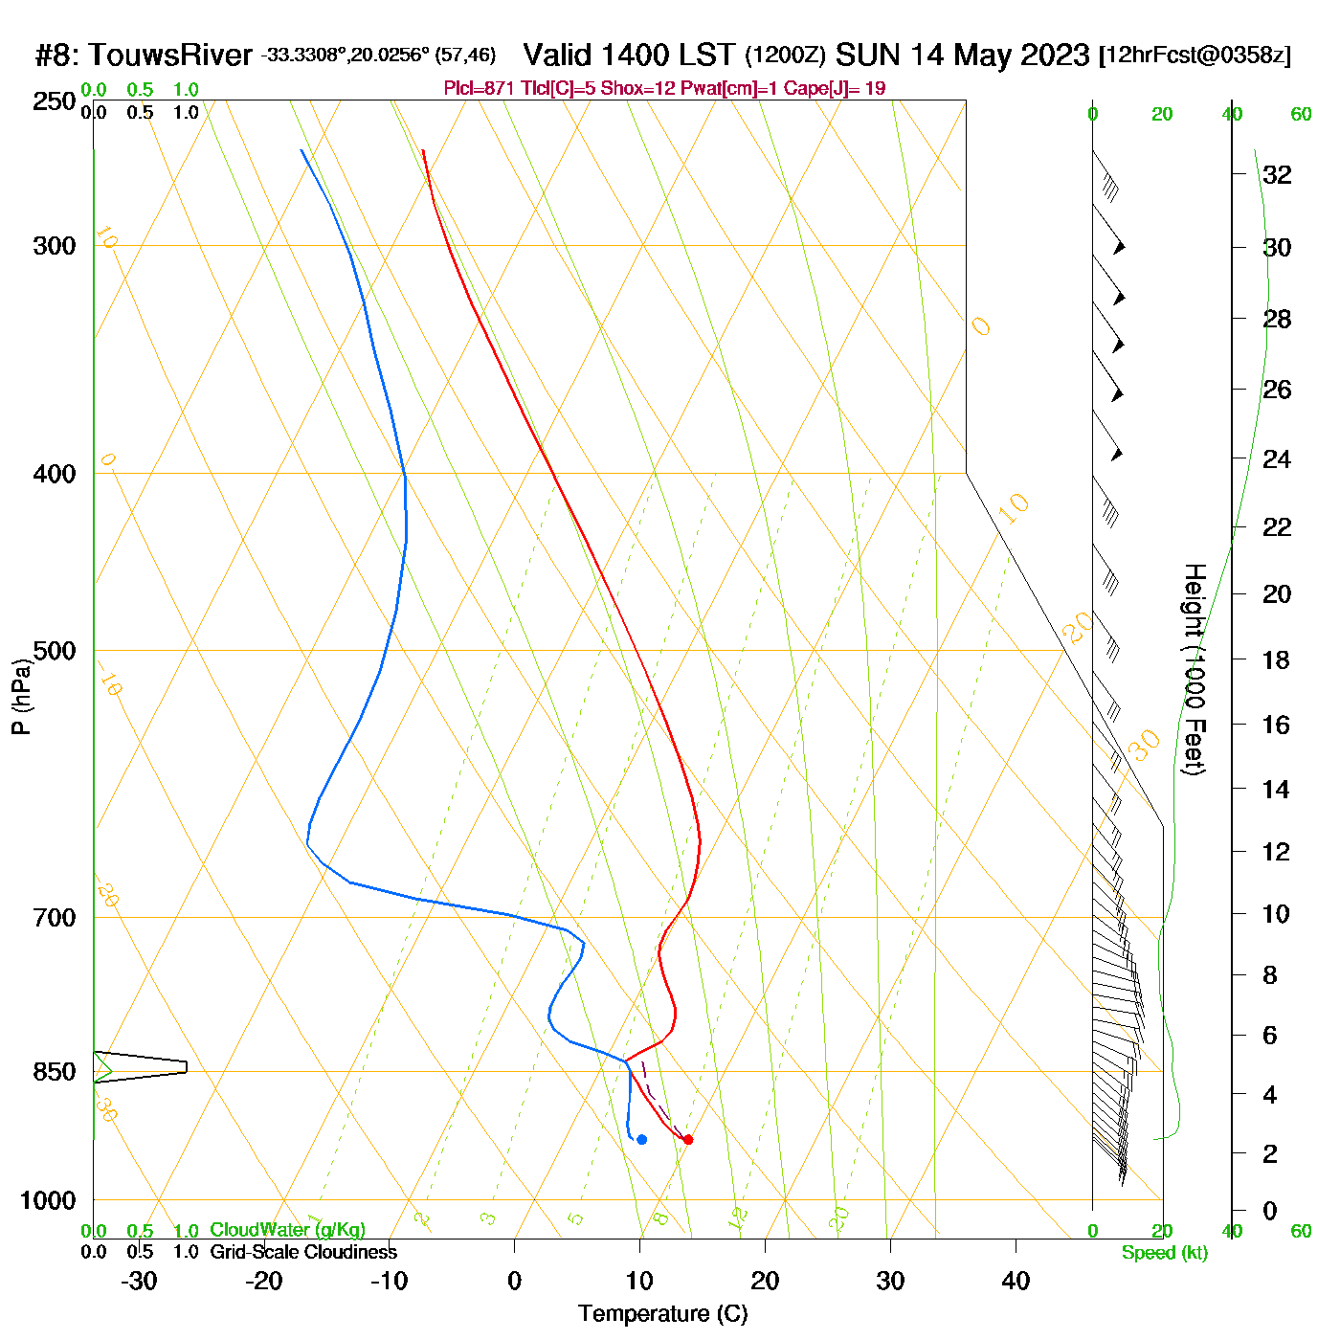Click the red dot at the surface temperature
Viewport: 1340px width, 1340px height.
click(x=687, y=1139)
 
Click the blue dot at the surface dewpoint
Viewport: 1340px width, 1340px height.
click(x=641, y=1139)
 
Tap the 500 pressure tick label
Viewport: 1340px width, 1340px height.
click(x=55, y=651)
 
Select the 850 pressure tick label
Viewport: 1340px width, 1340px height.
click(x=55, y=1072)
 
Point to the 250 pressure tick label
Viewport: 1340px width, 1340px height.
click(x=55, y=101)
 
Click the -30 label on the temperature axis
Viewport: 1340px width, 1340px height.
click(x=139, y=1281)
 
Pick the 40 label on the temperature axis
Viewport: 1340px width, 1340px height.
click(x=1016, y=1281)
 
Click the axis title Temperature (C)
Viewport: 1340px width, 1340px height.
click(x=662, y=1313)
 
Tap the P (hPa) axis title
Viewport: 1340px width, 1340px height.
click(x=21, y=697)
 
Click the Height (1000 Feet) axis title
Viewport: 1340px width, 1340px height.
click(x=1194, y=669)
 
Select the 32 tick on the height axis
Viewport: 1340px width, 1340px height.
click(x=1277, y=174)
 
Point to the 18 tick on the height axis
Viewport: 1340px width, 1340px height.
click(x=1277, y=659)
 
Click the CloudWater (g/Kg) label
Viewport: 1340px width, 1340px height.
click(x=287, y=1230)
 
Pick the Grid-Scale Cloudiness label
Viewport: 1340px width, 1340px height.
click(x=303, y=1252)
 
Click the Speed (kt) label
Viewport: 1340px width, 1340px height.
click(x=1165, y=1253)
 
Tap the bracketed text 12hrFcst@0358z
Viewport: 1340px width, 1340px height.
click(x=1195, y=56)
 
